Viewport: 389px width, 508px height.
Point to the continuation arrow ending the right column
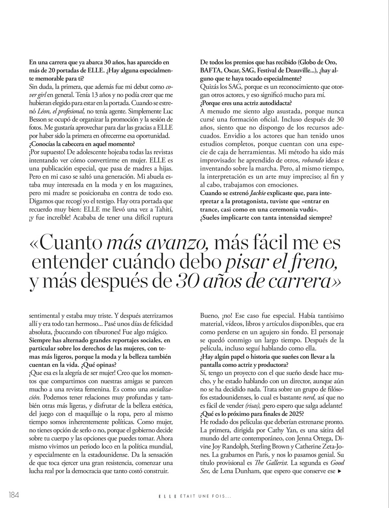point(339,471)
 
